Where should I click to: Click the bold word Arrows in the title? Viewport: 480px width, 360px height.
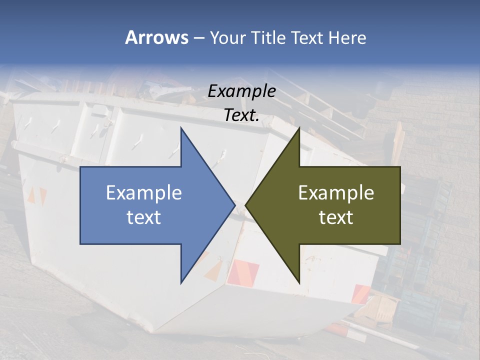(x=156, y=37)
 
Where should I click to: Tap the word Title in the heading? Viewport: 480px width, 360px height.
(x=268, y=37)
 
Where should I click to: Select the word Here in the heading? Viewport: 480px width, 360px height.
(x=347, y=37)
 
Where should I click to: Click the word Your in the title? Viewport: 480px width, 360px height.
(x=228, y=37)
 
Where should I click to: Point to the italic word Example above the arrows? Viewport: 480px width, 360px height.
(x=241, y=91)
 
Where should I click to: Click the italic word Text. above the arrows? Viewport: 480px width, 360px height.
(x=241, y=115)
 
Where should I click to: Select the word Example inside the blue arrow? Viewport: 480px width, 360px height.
(x=144, y=193)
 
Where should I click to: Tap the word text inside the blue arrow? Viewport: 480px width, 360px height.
(x=144, y=217)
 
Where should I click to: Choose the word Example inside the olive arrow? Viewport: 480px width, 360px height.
(x=336, y=193)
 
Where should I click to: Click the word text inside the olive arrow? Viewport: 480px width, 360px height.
(x=336, y=217)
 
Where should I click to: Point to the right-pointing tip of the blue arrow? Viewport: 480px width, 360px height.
(x=234, y=205)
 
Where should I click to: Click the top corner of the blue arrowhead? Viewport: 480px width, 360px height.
(x=181, y=128)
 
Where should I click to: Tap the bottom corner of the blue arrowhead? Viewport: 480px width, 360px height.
(x=181, y=282)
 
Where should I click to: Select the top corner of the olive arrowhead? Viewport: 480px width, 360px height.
(x=299, y=128)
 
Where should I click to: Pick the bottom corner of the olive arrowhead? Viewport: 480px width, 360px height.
(x=299, y=282)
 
